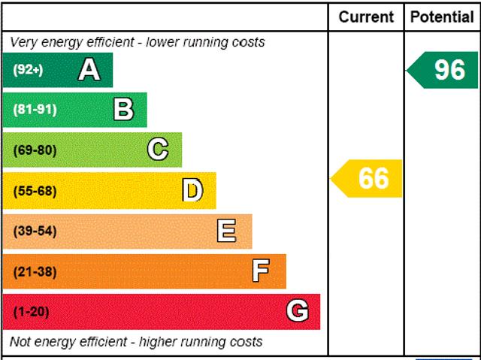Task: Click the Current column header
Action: point(366,17)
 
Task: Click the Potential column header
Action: point(442,17)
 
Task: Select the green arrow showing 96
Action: point(443,70)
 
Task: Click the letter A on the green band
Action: point(89,70)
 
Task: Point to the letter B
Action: point(123,110)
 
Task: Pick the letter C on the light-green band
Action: point(158,150)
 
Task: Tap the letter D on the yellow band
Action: point(192,191)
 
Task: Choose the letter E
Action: point(226,231)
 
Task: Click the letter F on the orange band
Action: point(261,271)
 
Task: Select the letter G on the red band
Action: point(297,311)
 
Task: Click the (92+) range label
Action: point(28,70)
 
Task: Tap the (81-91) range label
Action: point(35,110)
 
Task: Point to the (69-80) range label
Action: point(35,150)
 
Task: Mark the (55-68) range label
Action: point(35,191)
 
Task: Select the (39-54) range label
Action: point(35,231)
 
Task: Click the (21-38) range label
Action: point(35,271)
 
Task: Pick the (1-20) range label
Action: point(31,311)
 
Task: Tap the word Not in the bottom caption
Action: point(20,342)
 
